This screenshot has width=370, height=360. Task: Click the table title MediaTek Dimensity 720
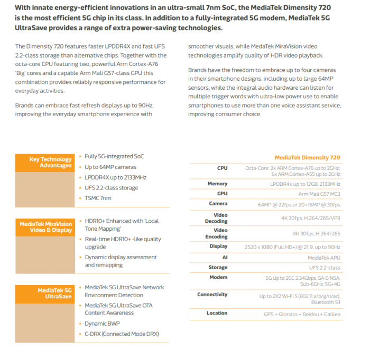click(x=307, y=157)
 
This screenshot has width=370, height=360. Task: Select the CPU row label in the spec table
click(x=222, y=168)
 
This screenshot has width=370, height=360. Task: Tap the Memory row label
click(x=217, y=184)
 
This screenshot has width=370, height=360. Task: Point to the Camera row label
click(x=218, y=203)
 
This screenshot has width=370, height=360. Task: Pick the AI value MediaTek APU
click(x=324, y=258)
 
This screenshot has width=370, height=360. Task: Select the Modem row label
click(x=218, y=277)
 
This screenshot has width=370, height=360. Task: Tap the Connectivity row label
click(x=212, y=295)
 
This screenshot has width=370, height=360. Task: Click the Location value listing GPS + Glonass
click(x=302, y=314)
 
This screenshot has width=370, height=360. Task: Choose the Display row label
click(x=218, y=247)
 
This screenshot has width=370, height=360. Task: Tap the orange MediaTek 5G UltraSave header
click(x=54, y=293)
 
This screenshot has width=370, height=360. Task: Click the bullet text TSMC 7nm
click(x=98, y=198)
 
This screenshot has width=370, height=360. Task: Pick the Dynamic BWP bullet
click(x=103, y=324)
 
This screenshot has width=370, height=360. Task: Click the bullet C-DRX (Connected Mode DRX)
click(x=122, y=334)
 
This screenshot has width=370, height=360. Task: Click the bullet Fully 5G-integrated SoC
click(x=114, y=156)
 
